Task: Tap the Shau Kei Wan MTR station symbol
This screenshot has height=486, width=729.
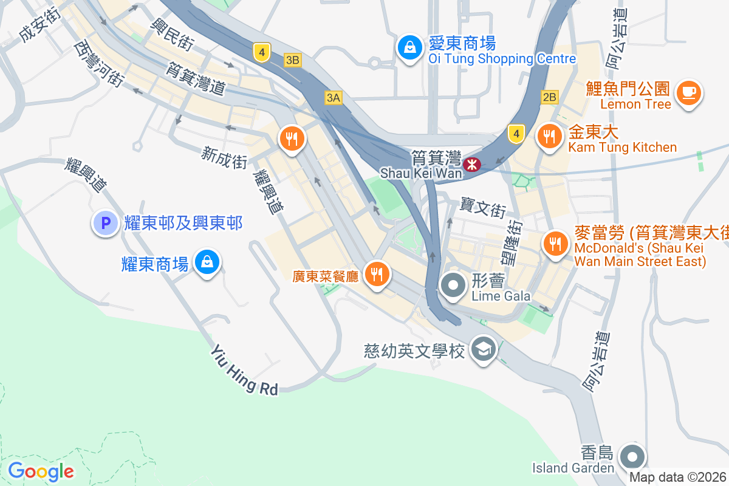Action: (471, 164)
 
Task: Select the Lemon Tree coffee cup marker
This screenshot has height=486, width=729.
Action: (688, 93)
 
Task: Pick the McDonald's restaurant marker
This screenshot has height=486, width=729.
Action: (554, 244)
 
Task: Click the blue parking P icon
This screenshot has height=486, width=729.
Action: (104, 223)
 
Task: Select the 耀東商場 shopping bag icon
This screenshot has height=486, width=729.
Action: (207, 262)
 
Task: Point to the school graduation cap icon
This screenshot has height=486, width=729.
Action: (484, 349)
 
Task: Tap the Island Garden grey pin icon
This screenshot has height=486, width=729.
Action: (632, 456)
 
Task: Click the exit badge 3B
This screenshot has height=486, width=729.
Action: (293, 60)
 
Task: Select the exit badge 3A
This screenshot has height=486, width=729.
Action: (334, 97)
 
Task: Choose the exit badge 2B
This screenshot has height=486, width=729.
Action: (549, 97)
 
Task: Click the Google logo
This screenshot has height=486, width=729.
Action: (41, 471)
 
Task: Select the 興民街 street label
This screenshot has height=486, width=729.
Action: (173, 33)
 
